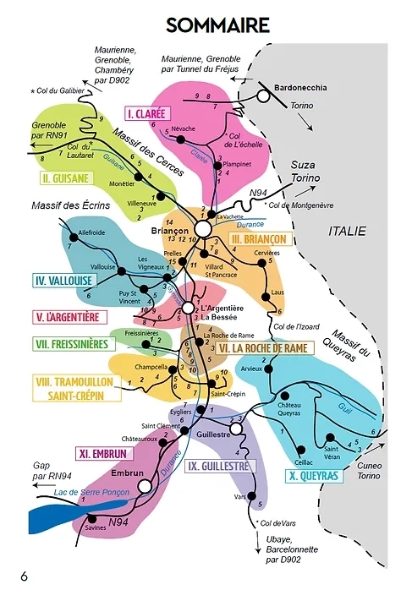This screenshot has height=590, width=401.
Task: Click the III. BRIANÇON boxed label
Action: click(x=260, y=239)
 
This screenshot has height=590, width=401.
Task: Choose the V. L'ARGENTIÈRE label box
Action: click(x=68, y=317)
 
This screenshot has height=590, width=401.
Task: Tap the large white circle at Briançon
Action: click(x=202, y=229)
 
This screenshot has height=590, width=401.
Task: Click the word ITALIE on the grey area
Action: click(x=348, y=230)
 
